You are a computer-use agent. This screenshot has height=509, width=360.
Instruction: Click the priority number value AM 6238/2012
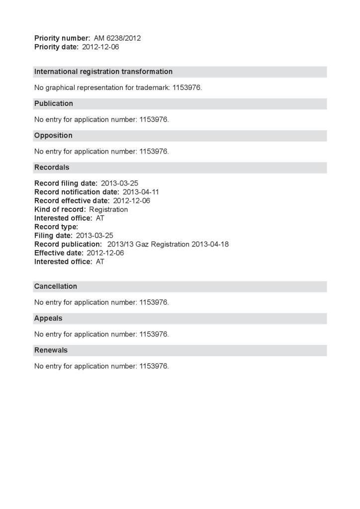(117, 38)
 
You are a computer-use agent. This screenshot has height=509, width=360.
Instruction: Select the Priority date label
(56, 47)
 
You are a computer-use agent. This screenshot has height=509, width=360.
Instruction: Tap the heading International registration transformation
(103, 72)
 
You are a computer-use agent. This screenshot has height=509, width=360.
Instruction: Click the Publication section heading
(54, 103)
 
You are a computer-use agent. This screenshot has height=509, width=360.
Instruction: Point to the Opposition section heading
(53, 135)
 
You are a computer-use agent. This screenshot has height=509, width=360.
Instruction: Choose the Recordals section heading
(52, 167)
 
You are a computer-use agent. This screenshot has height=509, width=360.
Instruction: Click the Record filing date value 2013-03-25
(119, 183)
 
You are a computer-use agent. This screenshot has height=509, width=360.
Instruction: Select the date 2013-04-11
(141, 192)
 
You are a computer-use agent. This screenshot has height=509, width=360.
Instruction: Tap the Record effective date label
(72, 201)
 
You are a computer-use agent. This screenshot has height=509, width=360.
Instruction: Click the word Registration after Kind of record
(108, 209)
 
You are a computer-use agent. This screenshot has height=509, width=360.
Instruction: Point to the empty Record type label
(56, 227)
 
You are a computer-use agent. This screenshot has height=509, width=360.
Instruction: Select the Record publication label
(68, 244)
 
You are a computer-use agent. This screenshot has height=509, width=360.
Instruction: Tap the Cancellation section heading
(56, 286)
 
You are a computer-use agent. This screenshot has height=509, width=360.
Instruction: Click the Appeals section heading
(48, 318)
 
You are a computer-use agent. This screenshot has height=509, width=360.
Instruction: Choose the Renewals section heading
(51, 350)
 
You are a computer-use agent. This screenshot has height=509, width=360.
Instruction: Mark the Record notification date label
(77, 192)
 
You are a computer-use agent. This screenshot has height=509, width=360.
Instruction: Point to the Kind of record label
(60, 209)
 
